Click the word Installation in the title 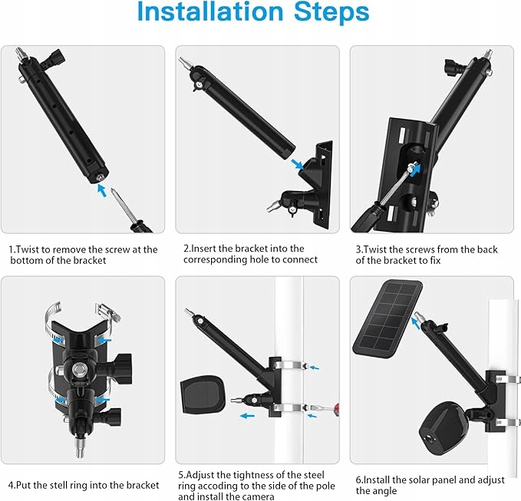pos(209,12)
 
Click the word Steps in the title pos(331,12)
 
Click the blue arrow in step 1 pos(102,191)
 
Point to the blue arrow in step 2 pos(297,163)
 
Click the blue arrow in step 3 pos(415,169)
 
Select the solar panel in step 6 pos(387,320)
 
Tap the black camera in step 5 pos(203,394)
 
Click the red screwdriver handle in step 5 pos(336,407)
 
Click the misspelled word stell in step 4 pos(57,485)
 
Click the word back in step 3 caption pos(487,249)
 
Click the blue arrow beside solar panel pos(415,322)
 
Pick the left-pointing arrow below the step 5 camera pos(247,415)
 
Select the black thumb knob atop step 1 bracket pos(55,57)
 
